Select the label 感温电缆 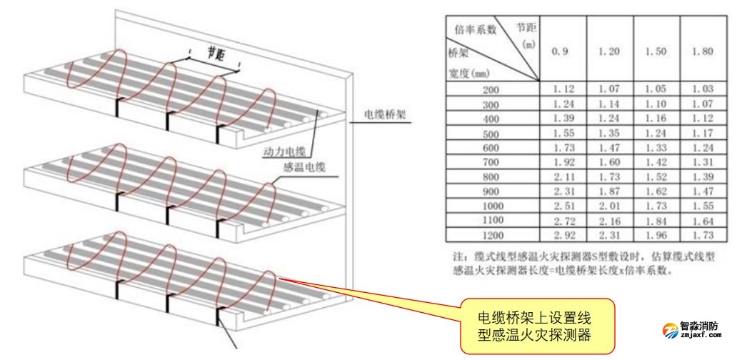click(305, 168)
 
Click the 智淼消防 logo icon click(671, 329)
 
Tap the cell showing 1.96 click(656, 234)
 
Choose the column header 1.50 click(656, 51)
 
